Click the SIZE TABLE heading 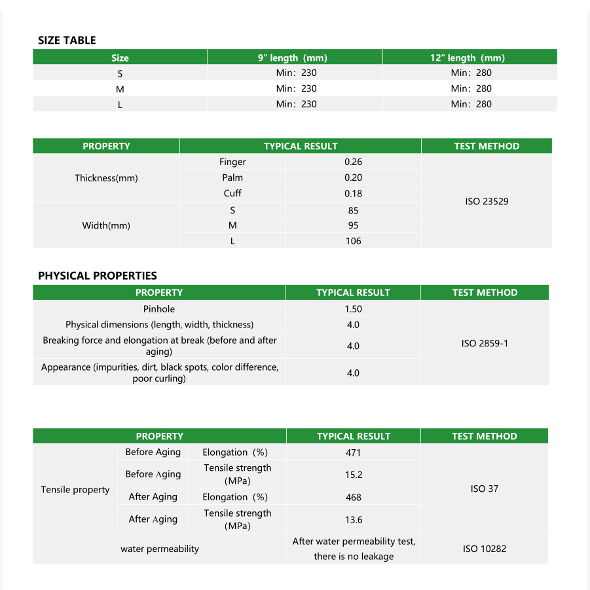coord(67,41)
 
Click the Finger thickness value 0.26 coord(353,162)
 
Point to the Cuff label coord(232,193)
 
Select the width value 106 coord(353,241)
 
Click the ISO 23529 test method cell coord(487,201)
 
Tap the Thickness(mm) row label coord(106,177)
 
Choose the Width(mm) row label coord(106,225)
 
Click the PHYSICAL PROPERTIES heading coord(98,276)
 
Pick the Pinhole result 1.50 coord(353,309)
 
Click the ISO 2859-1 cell coord(485,343)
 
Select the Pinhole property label coord(159,309)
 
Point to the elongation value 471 coord(353,452)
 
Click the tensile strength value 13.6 coord(353,519)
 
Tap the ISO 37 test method coord(485,489)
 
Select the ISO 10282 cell coord(485,549)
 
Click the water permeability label coord(159,549)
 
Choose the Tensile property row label coord(75,490)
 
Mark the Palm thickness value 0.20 coord(353,177)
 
